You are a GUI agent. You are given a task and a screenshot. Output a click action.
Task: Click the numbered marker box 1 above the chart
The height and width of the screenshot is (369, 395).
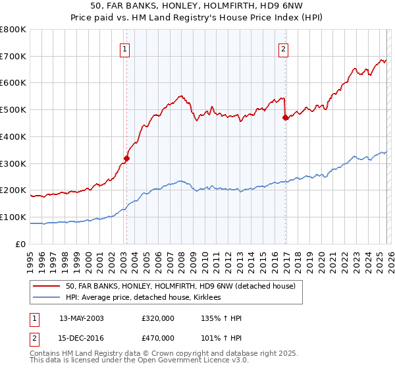pos(125,48)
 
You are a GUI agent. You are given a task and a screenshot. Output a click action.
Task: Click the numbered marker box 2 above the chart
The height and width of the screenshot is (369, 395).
pos(284,48)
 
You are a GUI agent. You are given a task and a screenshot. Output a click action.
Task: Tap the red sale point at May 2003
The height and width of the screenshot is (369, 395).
pos(126,158)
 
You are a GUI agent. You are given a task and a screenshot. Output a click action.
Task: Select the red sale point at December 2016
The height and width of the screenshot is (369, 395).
pos(285,118)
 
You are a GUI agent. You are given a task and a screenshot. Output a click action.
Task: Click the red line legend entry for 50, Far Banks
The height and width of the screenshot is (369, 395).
pos(184,287)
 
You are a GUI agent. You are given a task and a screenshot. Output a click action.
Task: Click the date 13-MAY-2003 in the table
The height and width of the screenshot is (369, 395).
pos(81,318)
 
